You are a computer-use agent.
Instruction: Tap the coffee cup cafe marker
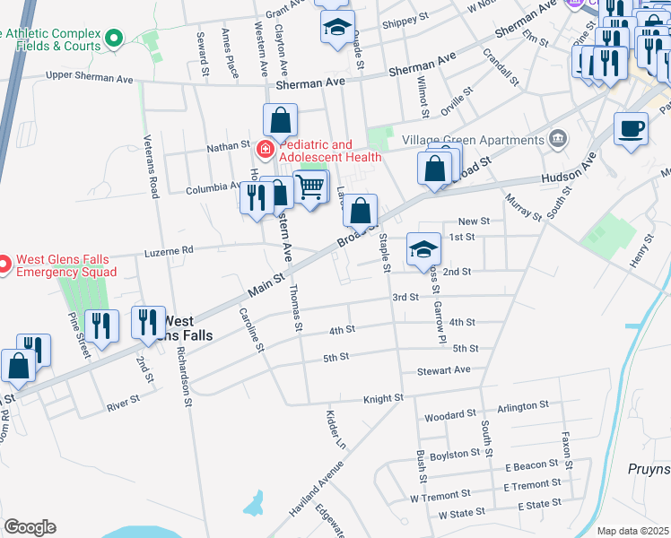point(631,128)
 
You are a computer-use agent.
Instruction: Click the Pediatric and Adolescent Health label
point(330,151)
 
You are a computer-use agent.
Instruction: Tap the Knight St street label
point(383,398)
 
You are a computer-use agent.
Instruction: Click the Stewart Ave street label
point(443,369)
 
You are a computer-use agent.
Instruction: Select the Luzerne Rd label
point(169,254)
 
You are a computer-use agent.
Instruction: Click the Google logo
point(30,527)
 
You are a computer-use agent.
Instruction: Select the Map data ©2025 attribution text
point(632,531)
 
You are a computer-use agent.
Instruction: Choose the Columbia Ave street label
point(213,190)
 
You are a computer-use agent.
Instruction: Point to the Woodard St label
point(449,415)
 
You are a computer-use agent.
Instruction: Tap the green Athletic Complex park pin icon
point(113,39)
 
